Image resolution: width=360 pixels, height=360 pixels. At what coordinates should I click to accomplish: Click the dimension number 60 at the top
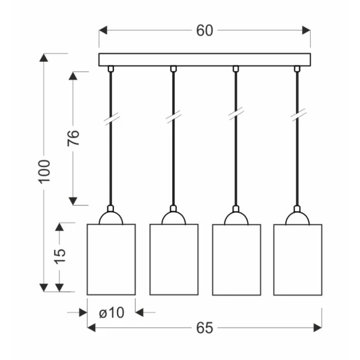pos(205,31)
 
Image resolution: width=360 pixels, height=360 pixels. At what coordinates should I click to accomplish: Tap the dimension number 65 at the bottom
pos(205,328)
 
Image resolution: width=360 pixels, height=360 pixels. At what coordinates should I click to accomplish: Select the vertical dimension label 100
pos(44,172)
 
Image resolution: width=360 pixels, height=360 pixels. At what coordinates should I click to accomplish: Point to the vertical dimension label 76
pos(73,138)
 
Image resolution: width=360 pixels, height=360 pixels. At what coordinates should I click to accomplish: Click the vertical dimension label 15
pos(59,256)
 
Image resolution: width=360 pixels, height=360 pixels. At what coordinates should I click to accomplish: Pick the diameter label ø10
pos(112,313)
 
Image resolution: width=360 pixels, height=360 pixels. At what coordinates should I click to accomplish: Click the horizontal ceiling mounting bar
pos(205,59)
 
